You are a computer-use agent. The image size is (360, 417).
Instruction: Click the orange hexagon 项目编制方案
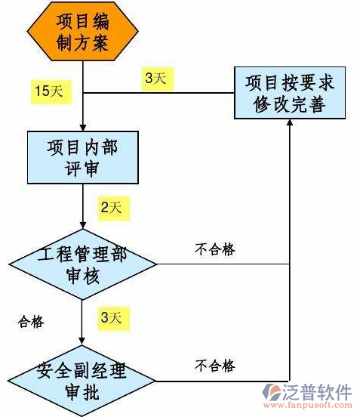pos(83,34)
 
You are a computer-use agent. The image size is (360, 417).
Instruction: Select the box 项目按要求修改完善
pos(290,91)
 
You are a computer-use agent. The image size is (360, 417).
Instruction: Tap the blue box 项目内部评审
pos(83,157)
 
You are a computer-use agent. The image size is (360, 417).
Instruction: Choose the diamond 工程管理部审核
pos(83,264)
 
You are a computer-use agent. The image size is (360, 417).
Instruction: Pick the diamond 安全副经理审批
pos(83,382)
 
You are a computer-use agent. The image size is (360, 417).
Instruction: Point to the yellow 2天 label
pos(114,206)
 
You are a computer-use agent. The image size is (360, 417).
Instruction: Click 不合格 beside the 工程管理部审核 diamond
pos(214,250)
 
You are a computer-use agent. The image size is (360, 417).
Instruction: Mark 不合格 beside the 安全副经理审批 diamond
pos(214,366)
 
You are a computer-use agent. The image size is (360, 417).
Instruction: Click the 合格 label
pos(31,323)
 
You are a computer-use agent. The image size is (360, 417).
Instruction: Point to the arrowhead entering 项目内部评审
pos(83,126)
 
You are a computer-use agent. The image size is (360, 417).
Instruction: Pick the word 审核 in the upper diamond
pos(83,276)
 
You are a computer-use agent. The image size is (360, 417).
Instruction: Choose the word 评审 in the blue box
pos(83,168)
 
